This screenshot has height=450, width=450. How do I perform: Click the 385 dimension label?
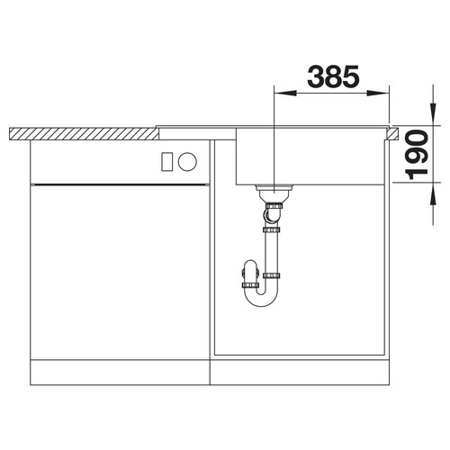333,76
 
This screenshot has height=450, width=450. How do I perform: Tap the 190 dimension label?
417,154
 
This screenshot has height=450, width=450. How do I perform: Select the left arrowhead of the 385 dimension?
285,93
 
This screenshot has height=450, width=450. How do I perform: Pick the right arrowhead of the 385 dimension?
378,93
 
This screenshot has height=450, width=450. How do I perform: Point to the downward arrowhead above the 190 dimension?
433,114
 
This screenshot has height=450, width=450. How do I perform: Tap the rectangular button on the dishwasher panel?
166,162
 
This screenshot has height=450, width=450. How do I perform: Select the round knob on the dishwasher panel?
187,162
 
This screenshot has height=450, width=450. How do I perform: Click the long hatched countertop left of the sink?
84,134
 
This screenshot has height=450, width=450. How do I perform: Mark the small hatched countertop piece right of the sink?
392,134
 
